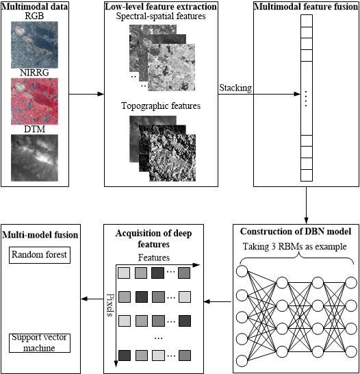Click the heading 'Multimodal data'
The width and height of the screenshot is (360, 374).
(x=34, y=7)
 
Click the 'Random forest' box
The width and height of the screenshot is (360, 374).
(x=40, y=255)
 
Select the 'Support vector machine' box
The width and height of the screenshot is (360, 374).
(x=40, y=342)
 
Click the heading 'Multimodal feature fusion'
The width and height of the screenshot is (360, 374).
(x=305, y=7)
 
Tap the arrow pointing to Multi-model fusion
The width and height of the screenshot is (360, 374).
(x=92, y=299)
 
